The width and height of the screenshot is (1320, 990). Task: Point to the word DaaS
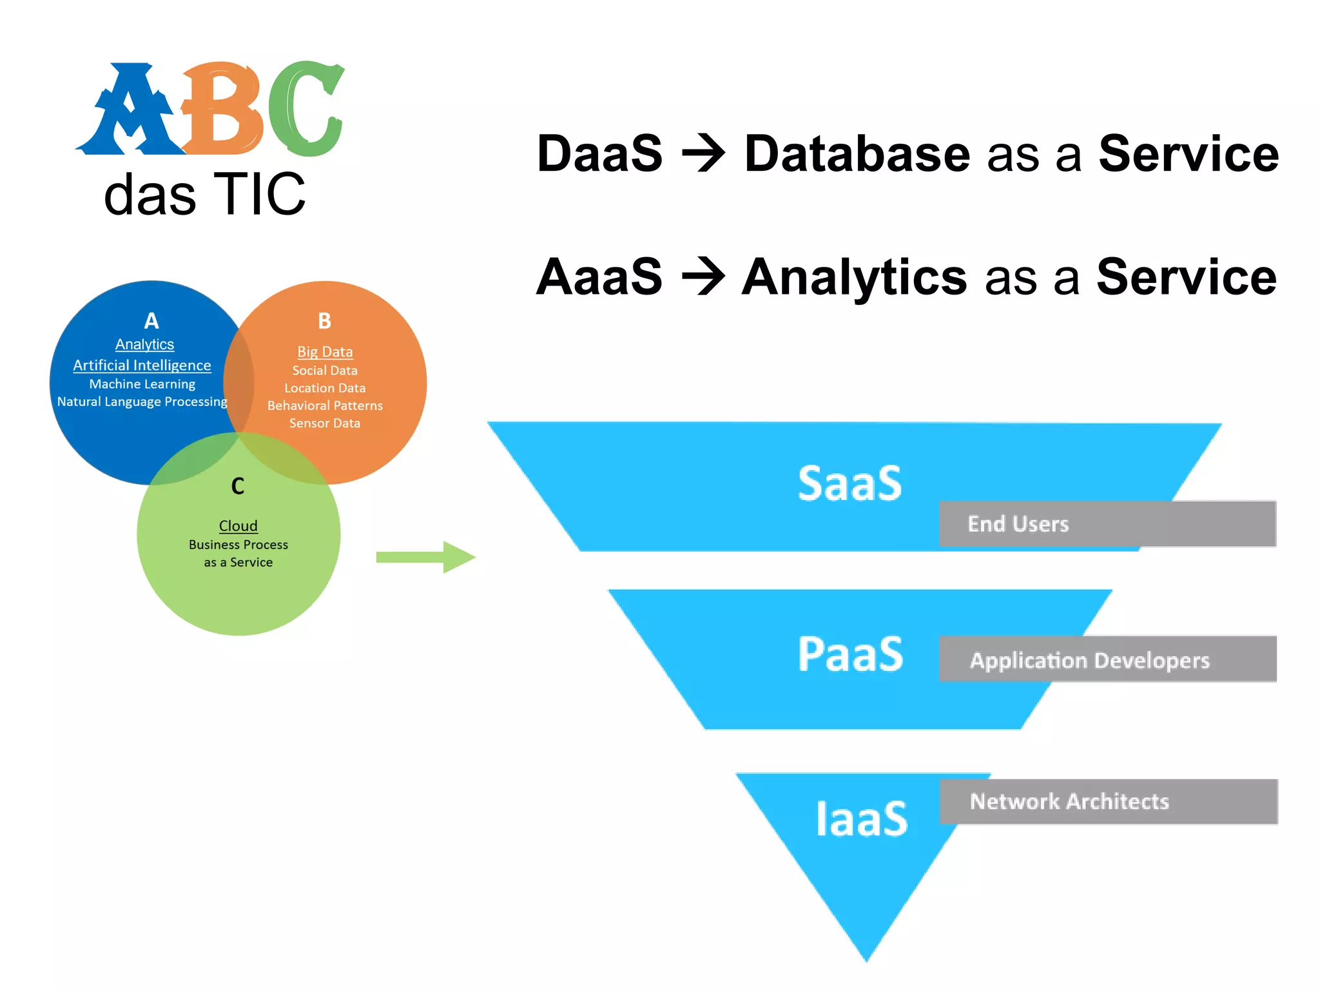(x=599, y=154)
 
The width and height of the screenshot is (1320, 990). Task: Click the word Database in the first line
(x=857, y=154)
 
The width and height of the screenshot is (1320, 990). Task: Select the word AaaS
(x=599, y=277)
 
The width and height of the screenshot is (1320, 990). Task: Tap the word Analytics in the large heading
(x=854, y=277)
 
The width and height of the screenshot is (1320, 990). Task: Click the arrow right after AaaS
(x=703, y=277)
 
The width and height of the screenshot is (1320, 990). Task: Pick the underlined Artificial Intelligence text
(x=142, y=365)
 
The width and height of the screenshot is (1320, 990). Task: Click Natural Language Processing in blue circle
(x=142, y=402)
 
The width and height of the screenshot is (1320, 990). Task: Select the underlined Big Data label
(x=325, y=352)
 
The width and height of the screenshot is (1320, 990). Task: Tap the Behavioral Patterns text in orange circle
(x=325, y=405)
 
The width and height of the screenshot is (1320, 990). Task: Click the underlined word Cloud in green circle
(x=238, y=526)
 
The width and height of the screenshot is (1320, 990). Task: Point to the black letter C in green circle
(x=238, y=486)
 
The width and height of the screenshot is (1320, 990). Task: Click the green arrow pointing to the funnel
(x=425, y=557)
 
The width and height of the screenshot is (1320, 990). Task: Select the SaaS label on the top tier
(x=849, y=483)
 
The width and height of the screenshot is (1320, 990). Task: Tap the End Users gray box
(x=1107, y=523)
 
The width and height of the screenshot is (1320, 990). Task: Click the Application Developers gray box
(x=1107, y=659)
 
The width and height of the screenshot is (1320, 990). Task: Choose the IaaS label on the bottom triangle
(x=861, y=819)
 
